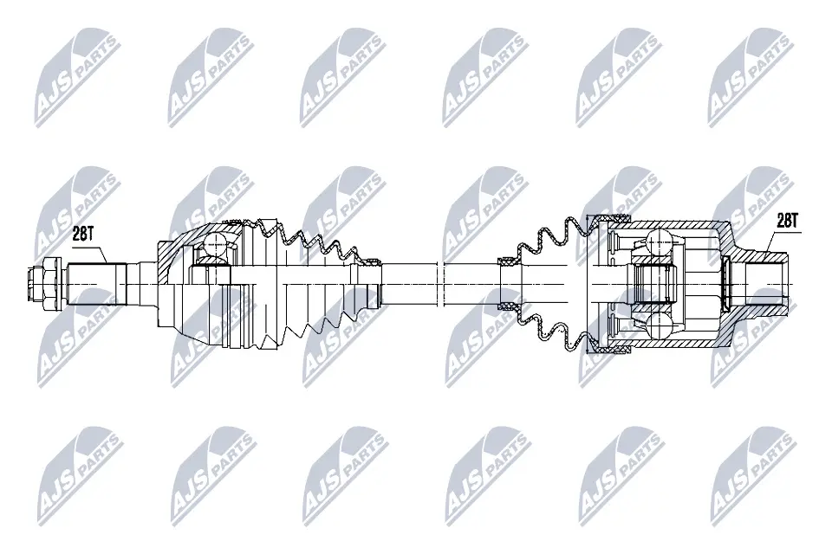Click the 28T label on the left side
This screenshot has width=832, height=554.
pos(82,233)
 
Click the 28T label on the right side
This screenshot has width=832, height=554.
pos(785,221)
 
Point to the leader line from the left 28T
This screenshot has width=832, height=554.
pos(101,251)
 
